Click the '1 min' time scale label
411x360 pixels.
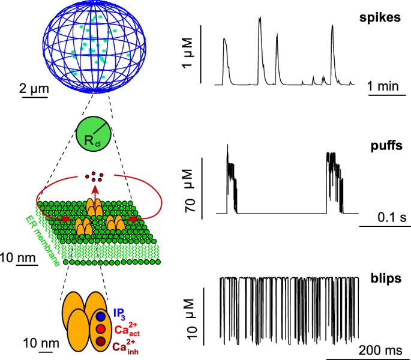coord(383,86)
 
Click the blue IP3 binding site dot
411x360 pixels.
coord(101,315)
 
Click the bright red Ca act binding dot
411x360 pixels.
coord(101,329)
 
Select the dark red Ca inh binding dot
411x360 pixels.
coord(101,342)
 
